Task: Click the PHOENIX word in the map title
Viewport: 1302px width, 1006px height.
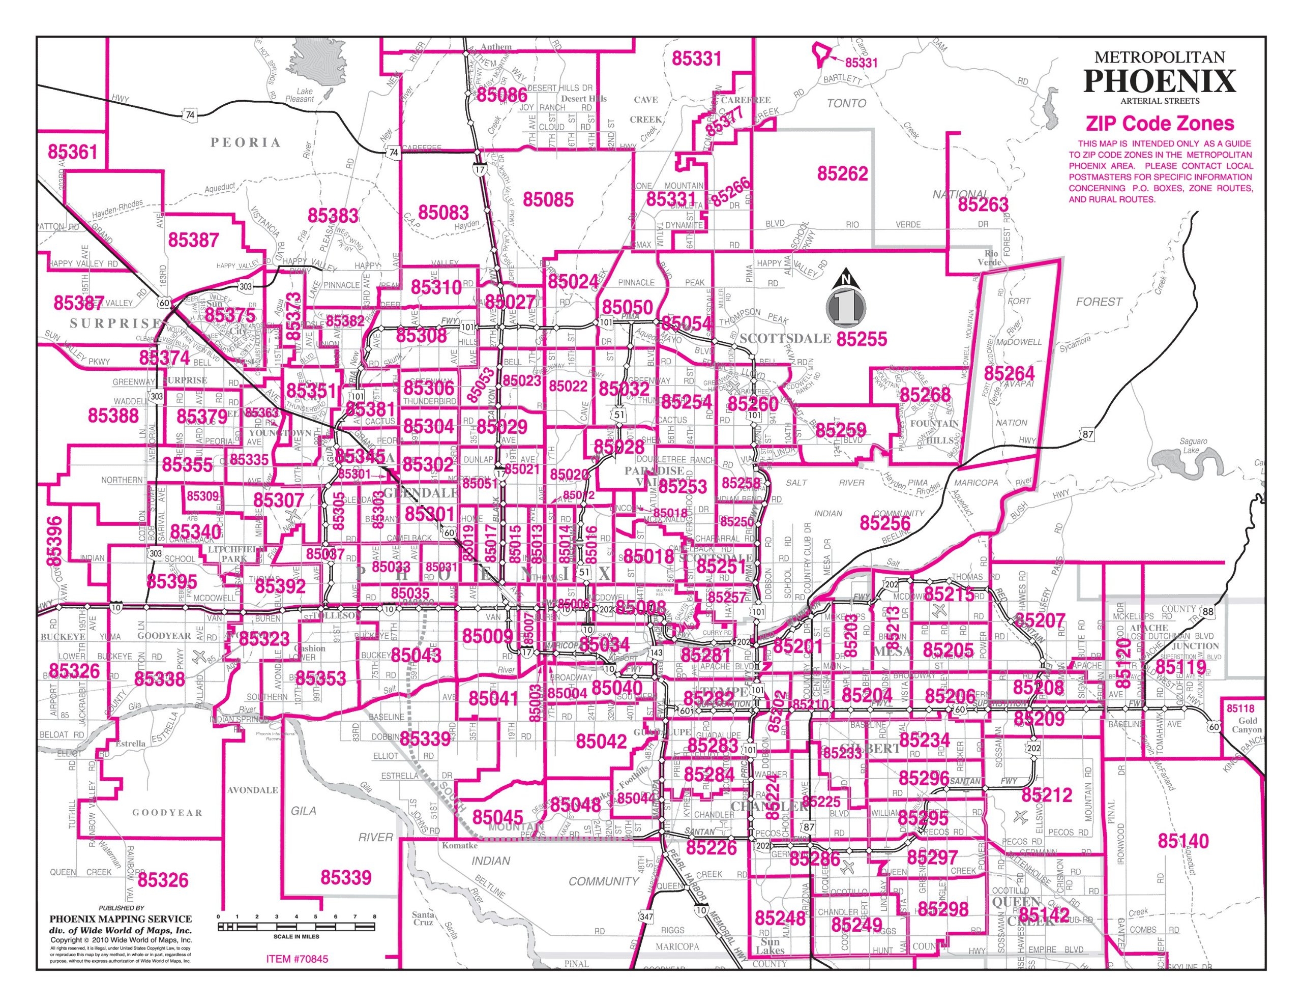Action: (x=1159, y=80)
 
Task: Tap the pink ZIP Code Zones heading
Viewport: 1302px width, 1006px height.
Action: (x=1159, y=124)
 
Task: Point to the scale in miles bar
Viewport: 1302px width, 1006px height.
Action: (x=297, y=927)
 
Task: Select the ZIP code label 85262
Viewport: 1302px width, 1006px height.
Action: (x=842, y=173)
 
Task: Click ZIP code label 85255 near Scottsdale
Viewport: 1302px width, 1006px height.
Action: (x=862, y=339)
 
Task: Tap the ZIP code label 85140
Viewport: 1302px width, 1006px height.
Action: (x=1183, y=841)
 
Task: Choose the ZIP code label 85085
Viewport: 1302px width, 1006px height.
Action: (x=548, y=199)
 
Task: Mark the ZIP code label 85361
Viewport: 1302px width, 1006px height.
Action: (x=72, y=152)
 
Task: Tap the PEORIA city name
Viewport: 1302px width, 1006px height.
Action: (x=245, y=142)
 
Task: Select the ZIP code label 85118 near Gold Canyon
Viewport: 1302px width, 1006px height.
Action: (x=1240, y=708)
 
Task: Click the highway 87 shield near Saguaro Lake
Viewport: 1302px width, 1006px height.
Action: (x=1087, y=434)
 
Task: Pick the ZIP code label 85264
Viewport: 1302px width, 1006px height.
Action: (x=1009, y=373)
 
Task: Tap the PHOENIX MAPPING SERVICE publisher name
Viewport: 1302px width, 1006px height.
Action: (x=121, y=919)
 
